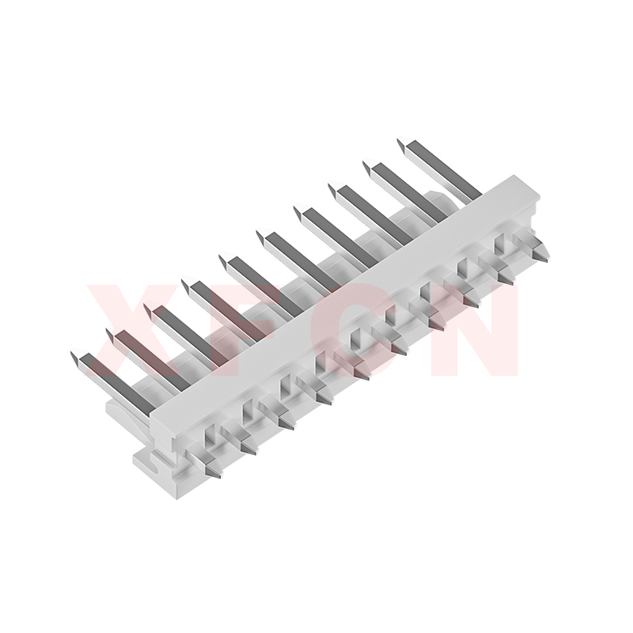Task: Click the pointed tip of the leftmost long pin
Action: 72,352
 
